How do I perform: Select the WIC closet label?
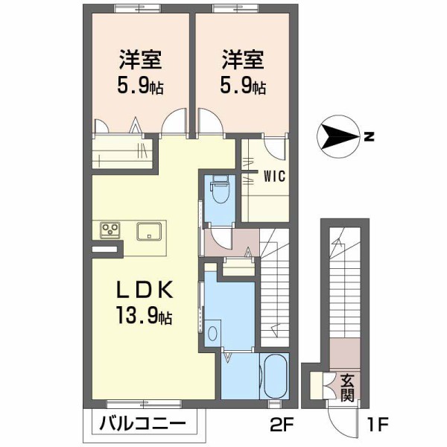tap(272, 177)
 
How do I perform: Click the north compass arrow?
tap(339, 137)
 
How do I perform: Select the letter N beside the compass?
tap(369, 137)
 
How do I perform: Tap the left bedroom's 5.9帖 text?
tap(140, 85)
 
